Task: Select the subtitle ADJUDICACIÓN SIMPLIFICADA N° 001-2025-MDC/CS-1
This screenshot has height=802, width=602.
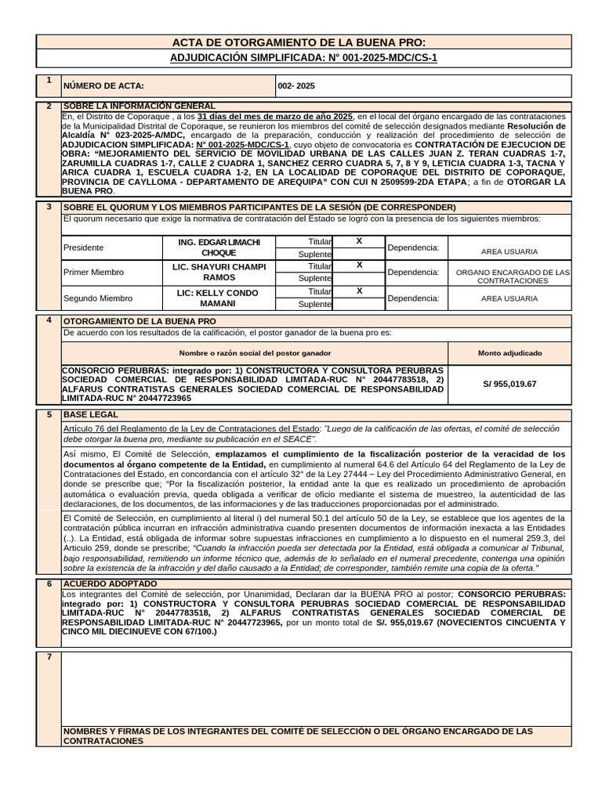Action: pos(305,58)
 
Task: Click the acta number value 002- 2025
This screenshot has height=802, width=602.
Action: pos(296,86)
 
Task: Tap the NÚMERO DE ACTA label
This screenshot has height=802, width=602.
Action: pos(103,86)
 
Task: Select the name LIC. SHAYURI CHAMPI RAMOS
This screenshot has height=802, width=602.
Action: pos(219,273)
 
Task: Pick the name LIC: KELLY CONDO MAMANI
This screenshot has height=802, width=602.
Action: pos(219,298)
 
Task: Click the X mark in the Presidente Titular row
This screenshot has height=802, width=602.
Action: pos(359,241)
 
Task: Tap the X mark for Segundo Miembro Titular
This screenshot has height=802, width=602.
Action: pos(359,291)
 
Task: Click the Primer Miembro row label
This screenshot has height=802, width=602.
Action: pos(93,273)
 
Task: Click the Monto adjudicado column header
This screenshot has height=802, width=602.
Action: pos(510,353)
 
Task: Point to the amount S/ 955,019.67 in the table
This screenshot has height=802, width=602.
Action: pos(510,384)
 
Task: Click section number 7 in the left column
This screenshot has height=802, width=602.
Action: pos(49,656)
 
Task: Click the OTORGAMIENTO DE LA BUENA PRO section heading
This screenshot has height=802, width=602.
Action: pos(139,321)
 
